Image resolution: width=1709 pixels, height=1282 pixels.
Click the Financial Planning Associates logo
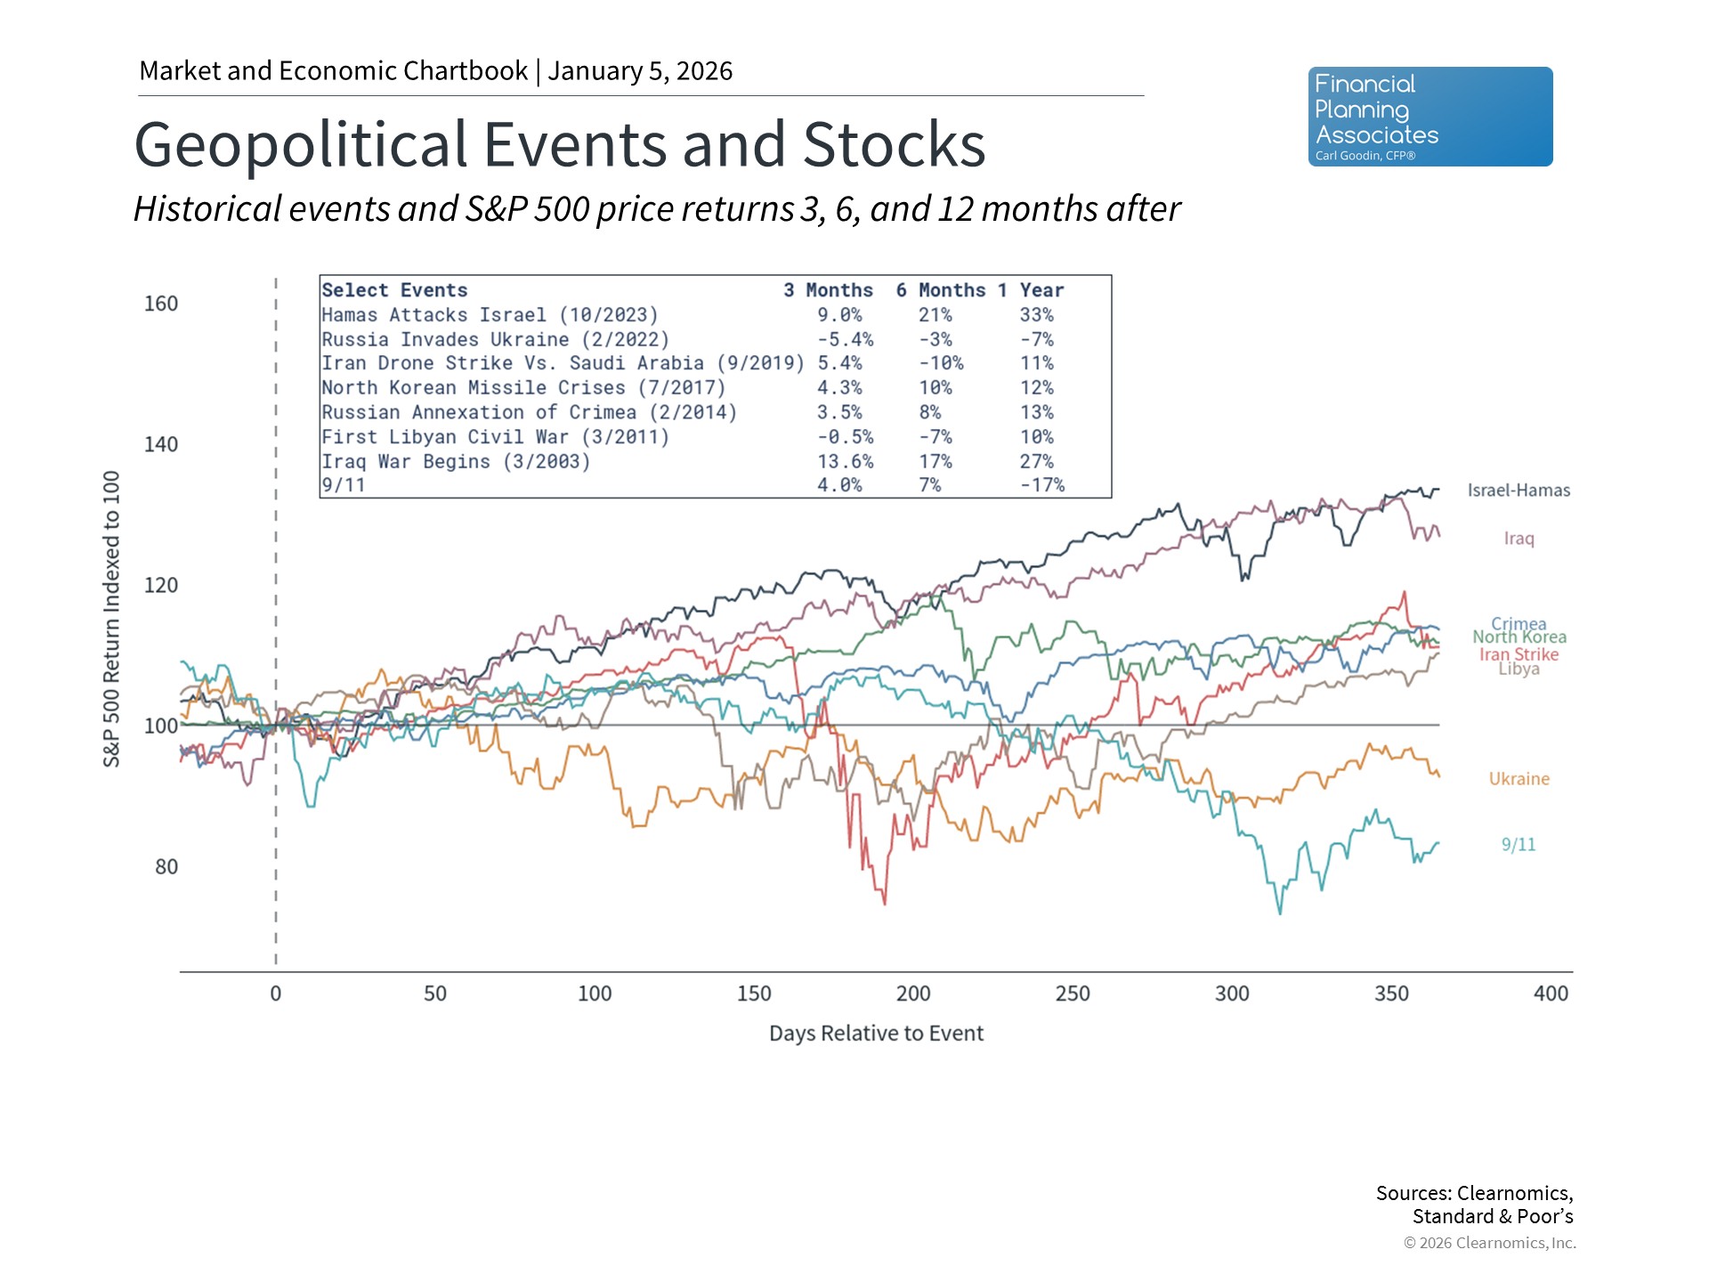[1430, 117]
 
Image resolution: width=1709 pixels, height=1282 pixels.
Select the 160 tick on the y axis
[161, 304]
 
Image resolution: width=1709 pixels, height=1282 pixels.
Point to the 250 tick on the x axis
[1073, 994]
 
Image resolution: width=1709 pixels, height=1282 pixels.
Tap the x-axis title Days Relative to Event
[876, 1034]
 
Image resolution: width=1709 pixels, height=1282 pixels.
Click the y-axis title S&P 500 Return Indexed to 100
[111, 619]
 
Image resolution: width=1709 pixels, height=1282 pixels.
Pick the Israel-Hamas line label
[1519, 491]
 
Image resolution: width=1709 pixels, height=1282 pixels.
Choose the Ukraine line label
[1519, 779]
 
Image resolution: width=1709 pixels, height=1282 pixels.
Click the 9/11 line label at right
[1519, 845]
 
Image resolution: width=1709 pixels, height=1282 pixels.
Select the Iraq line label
[1519, 539]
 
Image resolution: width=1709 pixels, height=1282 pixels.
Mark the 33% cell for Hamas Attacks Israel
[1036, 315]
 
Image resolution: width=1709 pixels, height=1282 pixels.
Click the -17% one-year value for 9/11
[1041, 485]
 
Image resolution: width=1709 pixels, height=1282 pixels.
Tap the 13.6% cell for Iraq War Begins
[845, 461]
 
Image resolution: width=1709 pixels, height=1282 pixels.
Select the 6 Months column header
[940, 290]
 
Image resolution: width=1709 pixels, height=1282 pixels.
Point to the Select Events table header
[394, 290]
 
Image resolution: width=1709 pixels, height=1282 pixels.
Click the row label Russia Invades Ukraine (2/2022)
[495, 339]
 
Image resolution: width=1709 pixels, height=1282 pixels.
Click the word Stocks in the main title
[894, 144]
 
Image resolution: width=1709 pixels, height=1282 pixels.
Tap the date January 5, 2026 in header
[640, 71]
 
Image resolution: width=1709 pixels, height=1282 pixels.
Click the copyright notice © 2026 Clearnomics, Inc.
[1489, 1243]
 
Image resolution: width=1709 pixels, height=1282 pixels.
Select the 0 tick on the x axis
[276, 994]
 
